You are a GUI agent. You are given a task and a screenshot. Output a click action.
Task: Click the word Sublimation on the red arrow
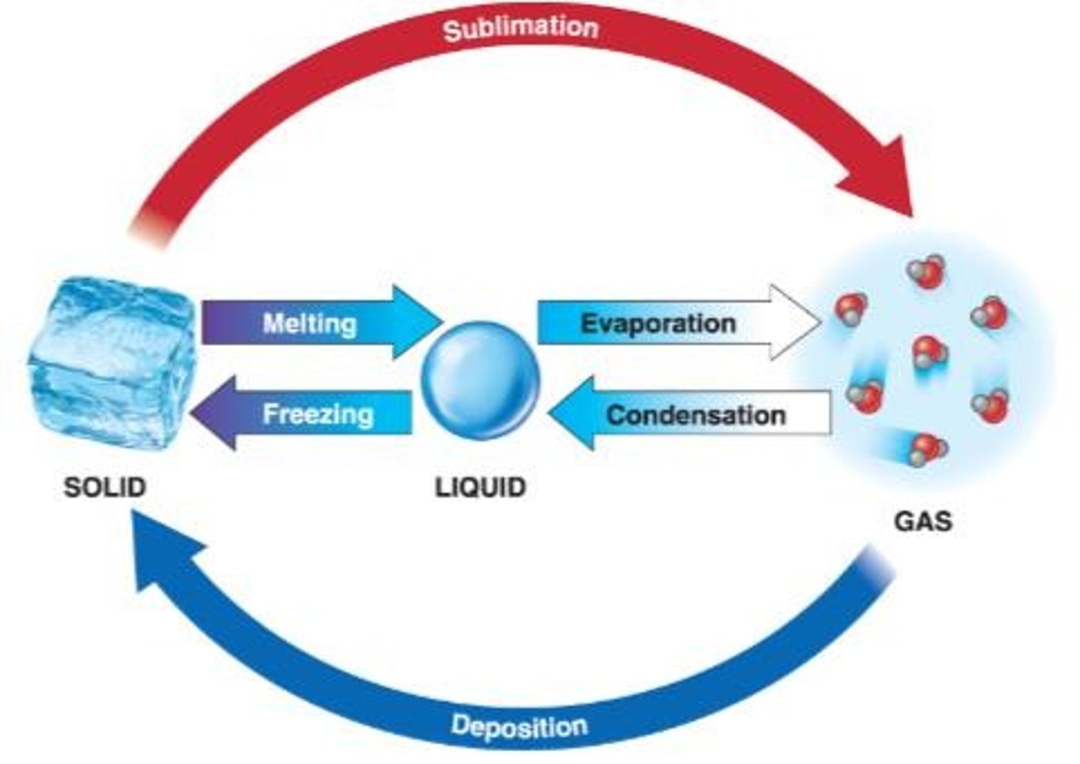pos(520,29)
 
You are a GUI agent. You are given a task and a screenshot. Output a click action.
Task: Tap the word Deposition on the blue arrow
pos(519,726)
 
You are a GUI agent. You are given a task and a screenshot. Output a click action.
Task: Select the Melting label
pos(309,323)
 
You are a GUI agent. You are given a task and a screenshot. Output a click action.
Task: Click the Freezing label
pos(318,414)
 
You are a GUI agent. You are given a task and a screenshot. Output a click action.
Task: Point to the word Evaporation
pos(658,323)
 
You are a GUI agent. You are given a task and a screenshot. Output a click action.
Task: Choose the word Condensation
pos(695,415)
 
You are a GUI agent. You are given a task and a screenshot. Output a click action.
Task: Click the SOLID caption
pos(104,487)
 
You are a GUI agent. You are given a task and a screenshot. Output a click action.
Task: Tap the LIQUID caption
pos(480,487)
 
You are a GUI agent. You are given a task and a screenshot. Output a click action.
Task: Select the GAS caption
pos(922,521)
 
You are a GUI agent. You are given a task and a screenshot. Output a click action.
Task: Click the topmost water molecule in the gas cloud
pos(927,271)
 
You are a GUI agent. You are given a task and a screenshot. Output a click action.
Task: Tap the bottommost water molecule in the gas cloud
pos(928,449)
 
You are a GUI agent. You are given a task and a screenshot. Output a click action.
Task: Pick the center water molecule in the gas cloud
pos(929,351)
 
